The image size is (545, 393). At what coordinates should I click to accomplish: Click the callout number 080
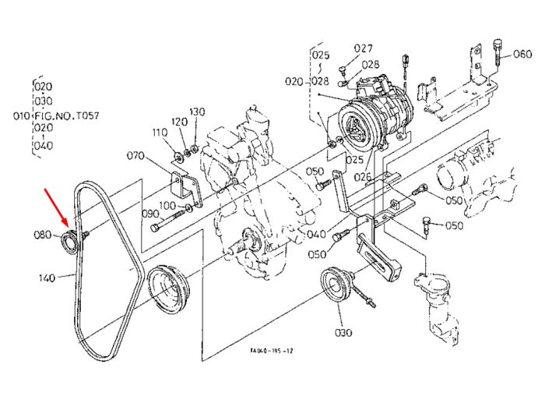coord(42,235)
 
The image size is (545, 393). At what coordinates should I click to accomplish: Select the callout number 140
coord(47,278)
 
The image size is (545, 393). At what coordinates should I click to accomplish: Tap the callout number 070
coord(135,156)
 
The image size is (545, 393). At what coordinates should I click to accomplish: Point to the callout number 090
coord(150,214)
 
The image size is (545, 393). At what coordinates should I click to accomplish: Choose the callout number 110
coord(160,133)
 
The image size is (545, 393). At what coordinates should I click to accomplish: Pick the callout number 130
coord(197,112)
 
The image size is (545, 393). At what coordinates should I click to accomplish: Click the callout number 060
coord(522,54)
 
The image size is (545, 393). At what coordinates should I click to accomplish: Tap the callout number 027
coord(364,48)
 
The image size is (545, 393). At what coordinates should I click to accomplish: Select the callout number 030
coord(343,333)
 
